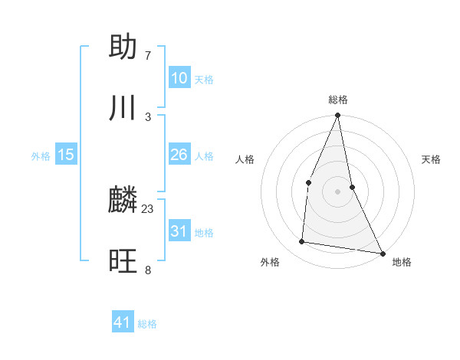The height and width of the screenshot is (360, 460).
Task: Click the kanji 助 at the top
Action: (123, 47)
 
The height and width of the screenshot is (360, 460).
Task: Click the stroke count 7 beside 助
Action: (148, 55)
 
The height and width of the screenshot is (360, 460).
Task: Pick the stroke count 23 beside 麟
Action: (148, 209)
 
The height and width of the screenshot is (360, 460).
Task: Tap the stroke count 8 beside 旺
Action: (148, 270)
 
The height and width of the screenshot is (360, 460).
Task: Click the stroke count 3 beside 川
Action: (148, 116)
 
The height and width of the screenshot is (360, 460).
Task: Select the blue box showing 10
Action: (179, 78)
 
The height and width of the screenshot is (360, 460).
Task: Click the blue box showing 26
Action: (179, 155)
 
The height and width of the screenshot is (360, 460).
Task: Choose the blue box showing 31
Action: (179, 231)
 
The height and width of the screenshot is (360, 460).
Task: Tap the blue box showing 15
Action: (66, 155)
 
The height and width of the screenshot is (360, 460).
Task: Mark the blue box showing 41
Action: (123, 322)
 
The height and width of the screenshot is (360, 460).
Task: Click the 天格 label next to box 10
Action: (203, 80)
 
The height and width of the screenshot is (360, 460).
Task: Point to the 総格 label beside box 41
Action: (147, 324)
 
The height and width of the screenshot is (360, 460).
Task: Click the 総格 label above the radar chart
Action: (338, 100)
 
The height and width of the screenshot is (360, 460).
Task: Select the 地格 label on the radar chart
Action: (402, 262)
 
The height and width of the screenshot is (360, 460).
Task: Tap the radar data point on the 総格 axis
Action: (338, 116)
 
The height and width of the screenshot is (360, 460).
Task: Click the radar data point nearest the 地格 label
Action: (382, 253)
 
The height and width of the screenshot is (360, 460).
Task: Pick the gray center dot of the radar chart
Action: (338, 191)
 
